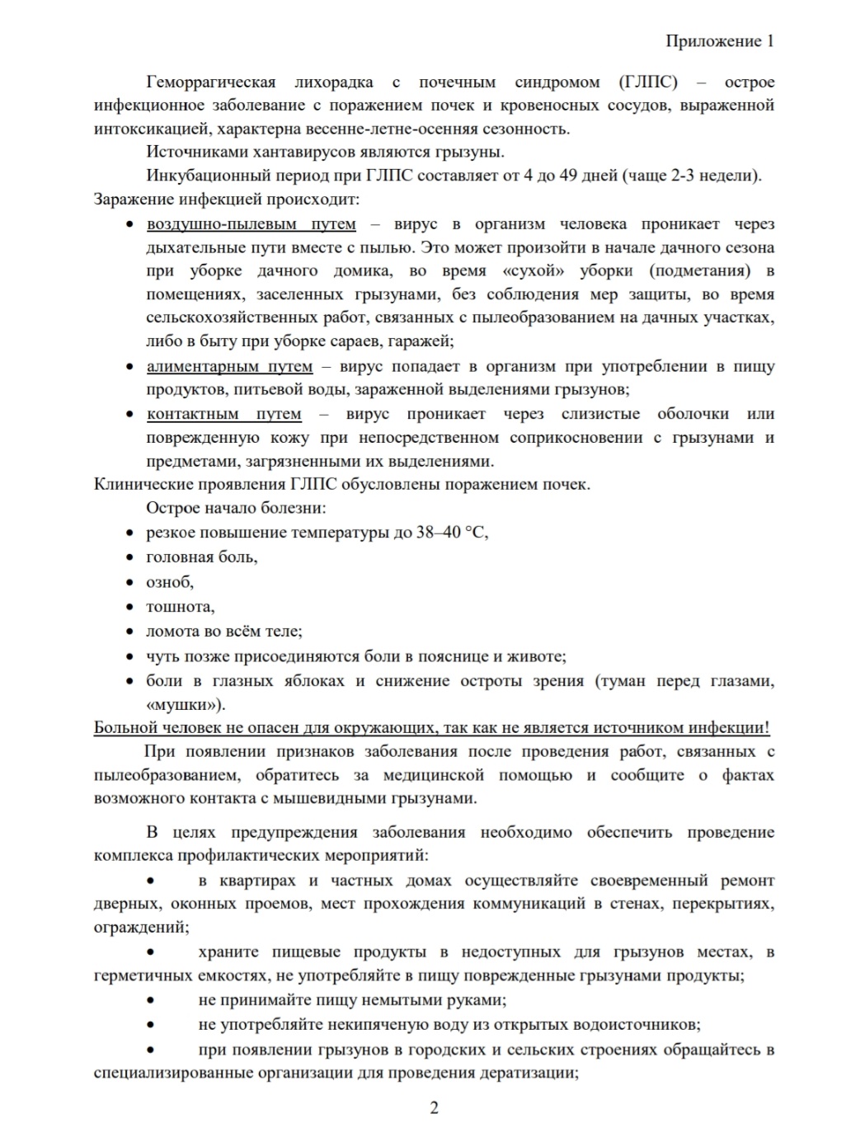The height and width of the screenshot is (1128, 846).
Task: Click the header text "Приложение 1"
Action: [x=719, y=41]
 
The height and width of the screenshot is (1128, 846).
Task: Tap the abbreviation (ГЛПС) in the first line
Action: [x=648, y=82]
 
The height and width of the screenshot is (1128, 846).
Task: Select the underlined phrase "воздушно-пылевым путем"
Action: [x=251, y=224]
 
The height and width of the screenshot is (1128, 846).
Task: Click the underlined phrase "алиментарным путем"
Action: [x=229, y=367]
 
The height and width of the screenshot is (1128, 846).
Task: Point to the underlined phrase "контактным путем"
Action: [x=223, y=414]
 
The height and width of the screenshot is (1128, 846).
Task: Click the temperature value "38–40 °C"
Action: [x=452, y=533]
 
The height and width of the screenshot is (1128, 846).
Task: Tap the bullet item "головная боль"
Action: [x=201, y=557]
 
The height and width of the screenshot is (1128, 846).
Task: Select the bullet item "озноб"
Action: [x=170, y=582]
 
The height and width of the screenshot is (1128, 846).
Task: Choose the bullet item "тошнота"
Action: [x=180, y=607]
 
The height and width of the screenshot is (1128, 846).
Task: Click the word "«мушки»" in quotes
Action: [x=185, y=705]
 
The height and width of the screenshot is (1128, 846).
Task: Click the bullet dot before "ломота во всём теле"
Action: [x=129, y=632]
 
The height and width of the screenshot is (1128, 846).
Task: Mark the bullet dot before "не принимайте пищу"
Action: [x=150, y=1001]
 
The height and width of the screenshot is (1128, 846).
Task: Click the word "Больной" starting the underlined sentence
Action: [x=123, y=728]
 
